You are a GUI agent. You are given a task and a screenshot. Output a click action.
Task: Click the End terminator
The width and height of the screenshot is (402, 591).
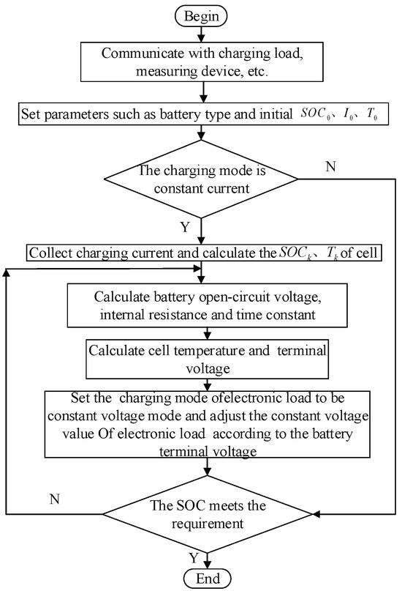point(207,579)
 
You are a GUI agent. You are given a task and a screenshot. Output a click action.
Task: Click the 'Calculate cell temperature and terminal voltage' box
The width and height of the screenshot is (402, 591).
point(207,357)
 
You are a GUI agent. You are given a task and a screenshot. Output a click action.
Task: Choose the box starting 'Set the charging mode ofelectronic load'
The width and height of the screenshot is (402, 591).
point(207,425)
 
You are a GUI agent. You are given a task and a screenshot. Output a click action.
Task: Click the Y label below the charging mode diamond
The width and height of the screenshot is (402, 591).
point(185,228)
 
